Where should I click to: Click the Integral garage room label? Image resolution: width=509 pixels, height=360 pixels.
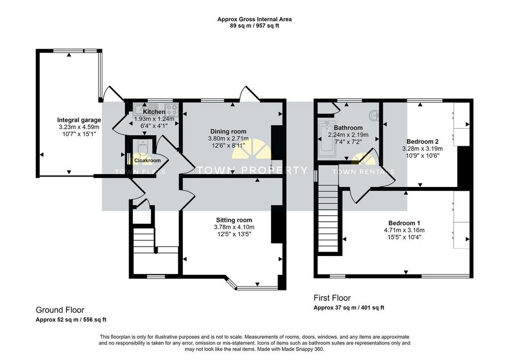click(79, 120)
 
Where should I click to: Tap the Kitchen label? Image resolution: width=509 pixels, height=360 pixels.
click(154, 112)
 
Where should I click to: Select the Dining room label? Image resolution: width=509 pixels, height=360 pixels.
click(228, 131)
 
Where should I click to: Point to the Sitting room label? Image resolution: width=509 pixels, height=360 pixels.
click(234, 220)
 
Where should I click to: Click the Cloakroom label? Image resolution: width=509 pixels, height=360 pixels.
click(147, 161)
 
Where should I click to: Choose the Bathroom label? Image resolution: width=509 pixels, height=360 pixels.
click(348, 128)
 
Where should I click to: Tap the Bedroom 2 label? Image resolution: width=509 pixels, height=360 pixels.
click(423, 142)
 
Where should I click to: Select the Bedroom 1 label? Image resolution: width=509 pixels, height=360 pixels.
click(404, 223)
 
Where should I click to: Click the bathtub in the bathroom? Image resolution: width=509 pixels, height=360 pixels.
click(326, 141)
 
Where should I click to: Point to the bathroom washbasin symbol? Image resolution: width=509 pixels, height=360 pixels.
click(374, 115)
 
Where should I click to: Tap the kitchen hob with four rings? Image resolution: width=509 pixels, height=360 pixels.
click(171, 110)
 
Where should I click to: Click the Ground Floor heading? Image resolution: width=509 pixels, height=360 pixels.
click(60, 310)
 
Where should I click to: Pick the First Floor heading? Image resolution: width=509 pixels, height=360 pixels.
click(332, 298)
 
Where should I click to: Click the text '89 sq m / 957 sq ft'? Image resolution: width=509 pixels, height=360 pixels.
click(254, 26)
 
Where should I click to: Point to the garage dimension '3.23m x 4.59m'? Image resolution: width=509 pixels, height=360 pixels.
click(79, 127)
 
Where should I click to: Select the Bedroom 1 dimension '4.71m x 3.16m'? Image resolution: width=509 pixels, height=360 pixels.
click(404, 230)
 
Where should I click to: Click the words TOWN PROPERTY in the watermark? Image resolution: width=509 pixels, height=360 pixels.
click(252, 170)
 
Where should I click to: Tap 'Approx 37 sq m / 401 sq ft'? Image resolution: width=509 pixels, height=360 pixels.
click(348, 308)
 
